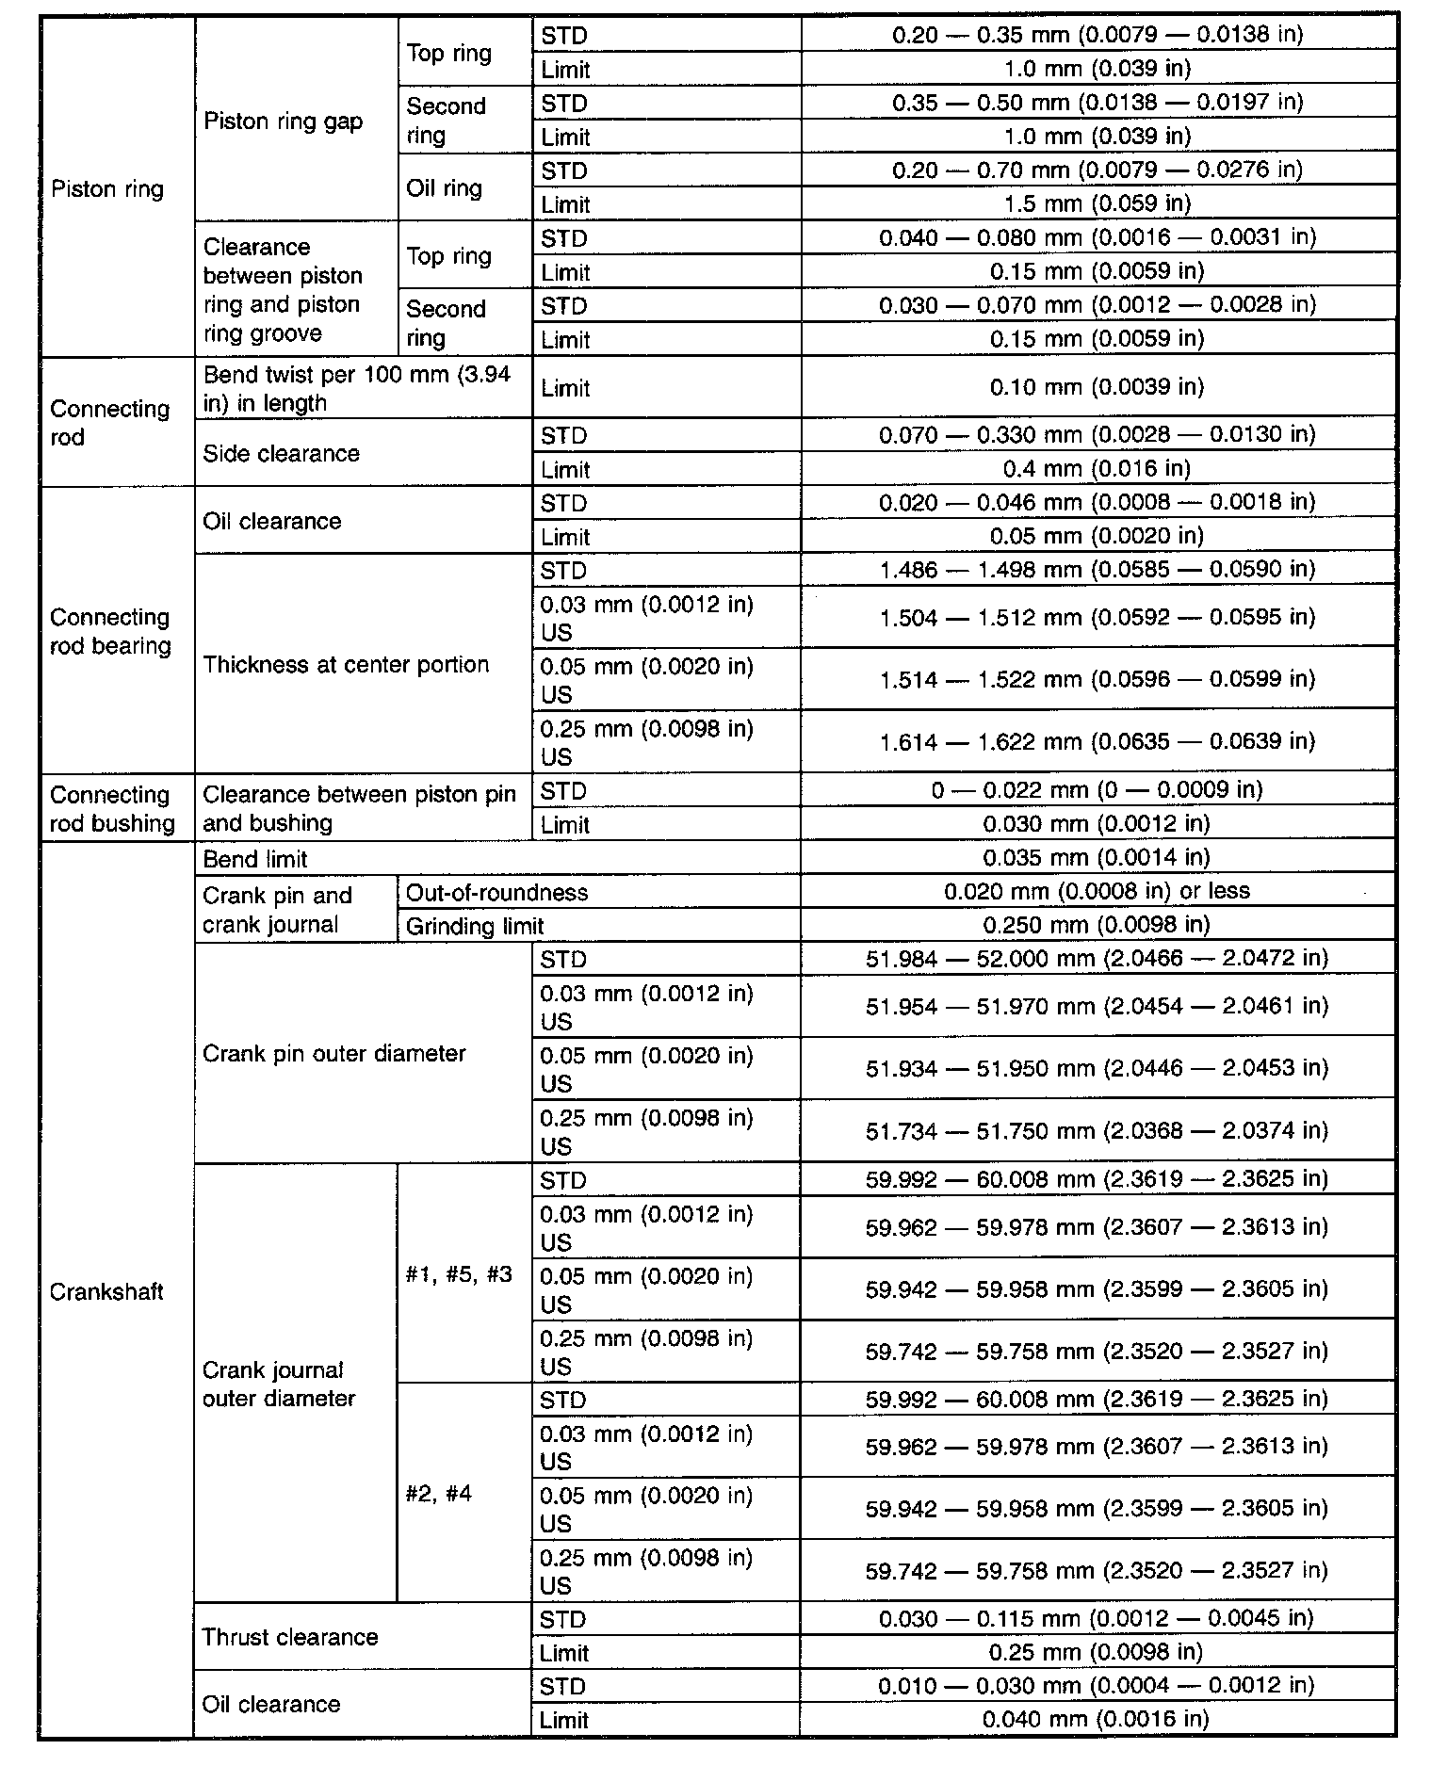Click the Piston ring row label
pyautogui.click(x=107, y=189)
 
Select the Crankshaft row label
pyautogui.click(x=106, y=1291)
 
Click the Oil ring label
pyautogui.click(x=444, y=187)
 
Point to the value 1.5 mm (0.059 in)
pyautogui.click(x=1097, y=203)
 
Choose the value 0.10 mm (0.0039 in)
pyautogui.click(x=1097, y=387)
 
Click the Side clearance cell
pyautogui.click(x=281, y=453)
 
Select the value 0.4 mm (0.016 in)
pyautogui.click(x=1097, y=468)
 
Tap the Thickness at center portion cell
pyautogui.click(x=346, y=664)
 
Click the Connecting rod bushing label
pyautogui.click(x=112, y=809)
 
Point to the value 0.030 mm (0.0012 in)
pyautogui.click(x=1097, y=824)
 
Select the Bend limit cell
pyautogui.click(x=255, y=859)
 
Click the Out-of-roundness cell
pyautogui.click(x=496, y=892)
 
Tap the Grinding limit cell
pyautogui.click(x=475, y=926)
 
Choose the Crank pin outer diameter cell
pyautogui.click(x=333, y=1053)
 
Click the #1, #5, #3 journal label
pyautogui.click(x=459, y=1274)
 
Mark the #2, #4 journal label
pyautogui.click(x=439, y=1494)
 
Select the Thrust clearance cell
pyautogui.click(x=289, y=1637)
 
